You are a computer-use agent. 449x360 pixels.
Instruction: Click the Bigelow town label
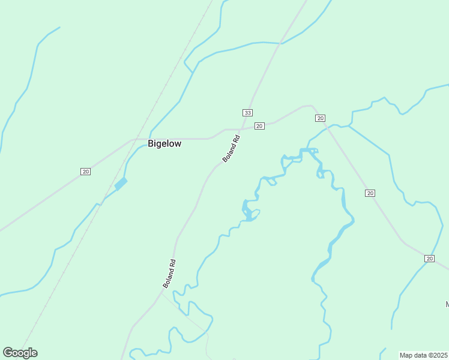(x=164, y=144)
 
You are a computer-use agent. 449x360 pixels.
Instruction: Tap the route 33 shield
(x=247, y=113)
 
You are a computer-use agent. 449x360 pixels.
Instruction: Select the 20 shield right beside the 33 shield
(x=259, y=125)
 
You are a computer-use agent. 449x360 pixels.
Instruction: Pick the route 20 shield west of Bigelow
(x=85, y=172)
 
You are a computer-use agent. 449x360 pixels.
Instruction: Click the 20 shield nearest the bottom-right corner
(x=429, y=258)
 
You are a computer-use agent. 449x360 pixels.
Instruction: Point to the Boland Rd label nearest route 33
(x=231, y=148)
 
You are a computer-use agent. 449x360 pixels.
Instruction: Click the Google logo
(x=20, y=353)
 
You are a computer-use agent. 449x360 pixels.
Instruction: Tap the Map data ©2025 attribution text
(x=424, y=355)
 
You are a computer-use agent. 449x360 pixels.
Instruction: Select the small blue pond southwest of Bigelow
(x=121, y=184)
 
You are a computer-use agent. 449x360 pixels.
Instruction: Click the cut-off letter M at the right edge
(x=447, y=304)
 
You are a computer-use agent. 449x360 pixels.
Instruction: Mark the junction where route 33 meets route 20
(x=241, y=128)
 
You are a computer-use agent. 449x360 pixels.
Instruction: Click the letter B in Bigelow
(x=151, y=144)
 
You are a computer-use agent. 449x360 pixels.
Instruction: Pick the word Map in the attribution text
(x=406, y=355)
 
